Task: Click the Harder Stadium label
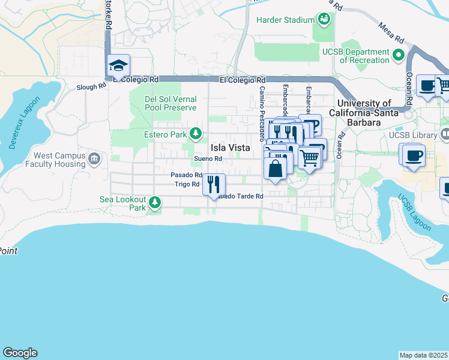tap(286, 20)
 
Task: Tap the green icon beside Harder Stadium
tap(324, 19)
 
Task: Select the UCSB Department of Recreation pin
tap(397, 56)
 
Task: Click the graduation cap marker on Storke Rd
tap(118, 66)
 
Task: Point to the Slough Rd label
tap(91, 86)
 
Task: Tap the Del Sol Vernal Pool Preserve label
tap(170, 103)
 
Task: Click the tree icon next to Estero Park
tap(194, 133)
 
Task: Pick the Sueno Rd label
tap(208, 159)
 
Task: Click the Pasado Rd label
tap(186, 175)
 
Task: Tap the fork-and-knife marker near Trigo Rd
tap(214, 184)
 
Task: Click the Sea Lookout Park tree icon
tap(155, 202)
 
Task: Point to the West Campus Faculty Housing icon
tap(94, 159)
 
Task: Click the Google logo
tap(20, 353)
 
